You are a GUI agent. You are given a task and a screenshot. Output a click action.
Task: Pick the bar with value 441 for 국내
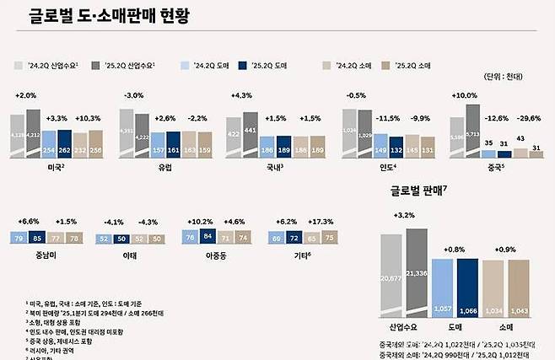251,135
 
